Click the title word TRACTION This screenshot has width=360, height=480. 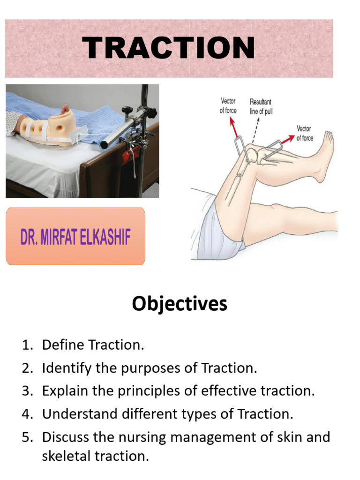tap(169, 48)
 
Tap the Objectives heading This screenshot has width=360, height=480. tap(180, 304)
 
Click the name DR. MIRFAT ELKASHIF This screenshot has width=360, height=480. tap(75, 237)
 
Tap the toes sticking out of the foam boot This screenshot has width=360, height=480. tap(65, 109)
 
